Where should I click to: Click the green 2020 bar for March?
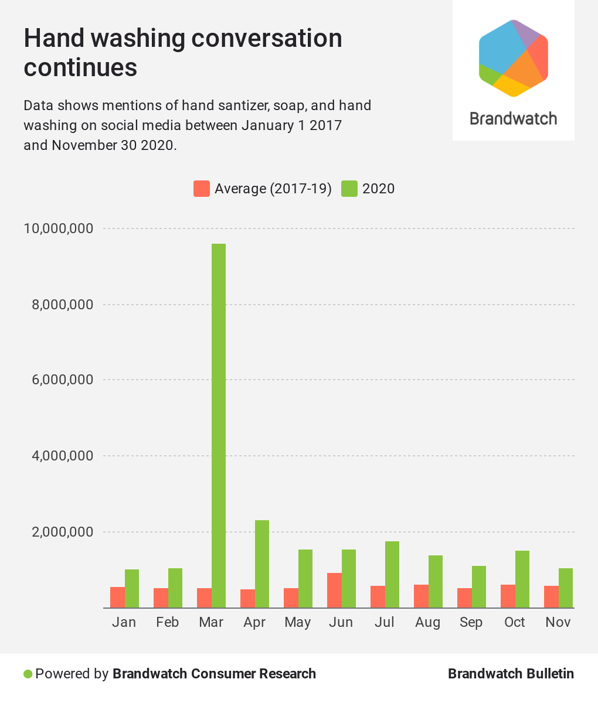tap(219, 425)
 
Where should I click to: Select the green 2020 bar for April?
tap(262, 564)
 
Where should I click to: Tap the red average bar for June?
tap(334, 590)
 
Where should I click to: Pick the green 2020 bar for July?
tap(392, 574)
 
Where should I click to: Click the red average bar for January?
tap(117, 597)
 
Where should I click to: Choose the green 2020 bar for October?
tap(522, 579)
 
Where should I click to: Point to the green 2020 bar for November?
tap(566, 588)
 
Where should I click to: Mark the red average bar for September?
tap(464, 598)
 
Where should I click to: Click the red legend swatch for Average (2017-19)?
tap(202, 189)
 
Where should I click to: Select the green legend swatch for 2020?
tap(349, 189)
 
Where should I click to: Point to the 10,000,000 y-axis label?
tap(58, 228)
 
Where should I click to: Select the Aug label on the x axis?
tap(427, 622)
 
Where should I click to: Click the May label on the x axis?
tap(297, 622)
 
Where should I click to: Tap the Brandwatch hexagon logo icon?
tap(513, 58)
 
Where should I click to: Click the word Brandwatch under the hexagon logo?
tap(513, 118)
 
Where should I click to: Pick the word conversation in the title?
tap(267, 39)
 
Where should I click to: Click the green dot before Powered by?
tap(28, 674)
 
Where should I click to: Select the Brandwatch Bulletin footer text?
tap(511, 674)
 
